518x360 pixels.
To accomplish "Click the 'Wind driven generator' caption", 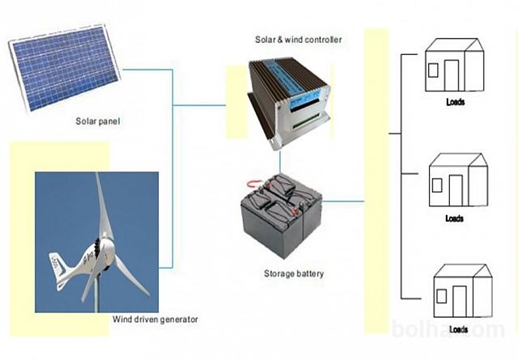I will (155, 320).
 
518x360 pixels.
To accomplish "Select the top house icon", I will (452, 66).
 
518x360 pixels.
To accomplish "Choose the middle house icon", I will (457, 181).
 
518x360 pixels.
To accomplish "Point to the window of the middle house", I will (437, 185).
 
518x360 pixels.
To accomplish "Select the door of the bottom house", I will (462, 303).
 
